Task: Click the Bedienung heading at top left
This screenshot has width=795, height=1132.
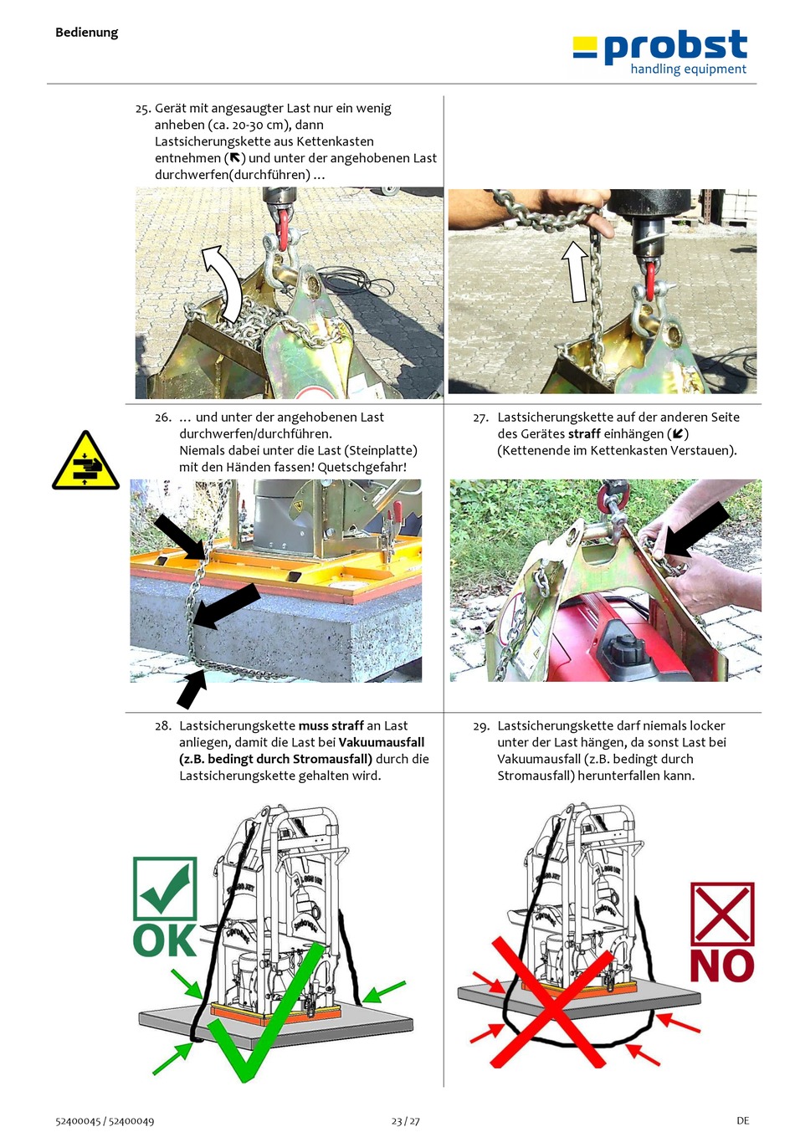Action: tap(87, 33)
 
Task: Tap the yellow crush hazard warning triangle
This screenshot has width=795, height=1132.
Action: tap(85, 460)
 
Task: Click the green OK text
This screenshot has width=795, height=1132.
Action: tap(164, 940)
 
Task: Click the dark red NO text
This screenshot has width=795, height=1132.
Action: tap(721, 966)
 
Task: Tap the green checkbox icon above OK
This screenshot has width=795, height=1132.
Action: tap(165, 888)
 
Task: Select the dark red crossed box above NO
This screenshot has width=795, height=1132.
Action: tap(722, 914)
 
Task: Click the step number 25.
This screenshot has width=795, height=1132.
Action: tap(142, 109)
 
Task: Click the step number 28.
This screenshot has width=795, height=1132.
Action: tap(162, 726)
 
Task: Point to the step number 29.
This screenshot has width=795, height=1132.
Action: tap(481, 726)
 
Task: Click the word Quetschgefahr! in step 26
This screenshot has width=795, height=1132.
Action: tap(362, 467)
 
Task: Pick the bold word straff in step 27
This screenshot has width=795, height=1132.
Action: tap(584, 433)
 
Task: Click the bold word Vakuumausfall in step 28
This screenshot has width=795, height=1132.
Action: tap(382, 742)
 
